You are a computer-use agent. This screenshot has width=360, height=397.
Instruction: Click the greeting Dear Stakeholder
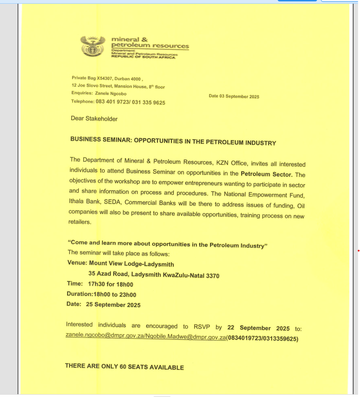[x=94, y=119]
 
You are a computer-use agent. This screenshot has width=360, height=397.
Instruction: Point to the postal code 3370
[x=212, y=276]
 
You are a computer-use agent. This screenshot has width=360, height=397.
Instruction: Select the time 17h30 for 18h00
[x=110, y=284]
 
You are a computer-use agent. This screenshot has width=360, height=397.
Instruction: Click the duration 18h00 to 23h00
[x=115, y=295]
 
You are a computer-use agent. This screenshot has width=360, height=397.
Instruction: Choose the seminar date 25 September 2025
[x=113, y=305]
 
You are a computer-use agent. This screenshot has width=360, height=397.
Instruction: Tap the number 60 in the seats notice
[x=123, y=367]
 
